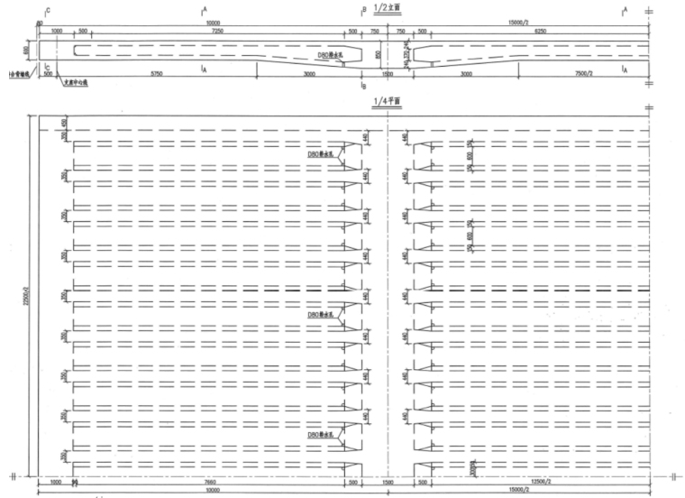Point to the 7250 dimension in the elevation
(217, 30)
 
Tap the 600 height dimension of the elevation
(30, 50)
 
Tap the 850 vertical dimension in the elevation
(379, 52)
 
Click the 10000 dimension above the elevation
(213, 21)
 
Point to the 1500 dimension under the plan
(388, 483)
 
